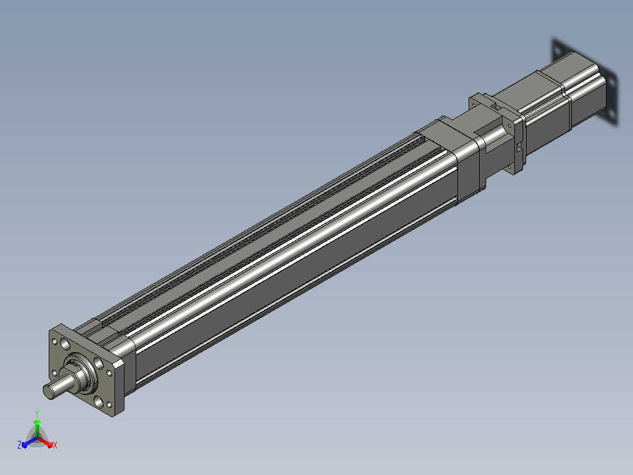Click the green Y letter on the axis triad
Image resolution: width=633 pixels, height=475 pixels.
[x=37, y=413]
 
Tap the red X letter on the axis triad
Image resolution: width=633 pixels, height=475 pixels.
[x=55, y=445]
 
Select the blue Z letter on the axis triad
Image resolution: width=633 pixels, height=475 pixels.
[x=19, y=444]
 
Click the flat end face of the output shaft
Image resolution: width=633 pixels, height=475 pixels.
[x=48, y=392]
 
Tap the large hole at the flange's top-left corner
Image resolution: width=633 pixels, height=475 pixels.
[x=65, y=344]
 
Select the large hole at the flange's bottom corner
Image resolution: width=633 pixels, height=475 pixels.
[x=98, y=402]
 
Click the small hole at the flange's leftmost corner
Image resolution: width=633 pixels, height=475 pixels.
[x=55, y=373]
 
